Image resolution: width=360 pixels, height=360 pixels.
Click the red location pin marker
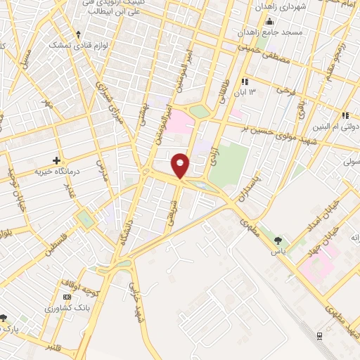(x=181, y=165)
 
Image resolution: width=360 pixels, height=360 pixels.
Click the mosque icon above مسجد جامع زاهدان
(x=270, y=21)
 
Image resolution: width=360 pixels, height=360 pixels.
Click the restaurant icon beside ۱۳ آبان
(x=244, y=82)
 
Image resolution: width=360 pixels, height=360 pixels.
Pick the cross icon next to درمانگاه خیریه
(x=56, y=160)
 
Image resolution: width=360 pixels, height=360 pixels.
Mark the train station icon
(x=321, y=335)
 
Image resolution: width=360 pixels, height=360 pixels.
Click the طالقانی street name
(x=226, y=91)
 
